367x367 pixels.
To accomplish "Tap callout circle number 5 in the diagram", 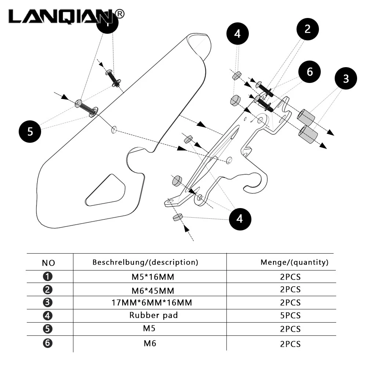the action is tap(30, 131).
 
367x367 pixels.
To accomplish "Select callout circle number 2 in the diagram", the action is tap(308, 29).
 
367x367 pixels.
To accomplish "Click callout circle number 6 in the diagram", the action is tap(309, 72).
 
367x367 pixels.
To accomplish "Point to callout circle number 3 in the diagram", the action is tap(346, 79).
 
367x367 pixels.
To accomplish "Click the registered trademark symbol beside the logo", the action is tap(120, 14).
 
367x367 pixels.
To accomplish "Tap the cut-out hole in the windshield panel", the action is tap(105, 190).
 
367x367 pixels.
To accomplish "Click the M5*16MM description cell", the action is tap(153, 277).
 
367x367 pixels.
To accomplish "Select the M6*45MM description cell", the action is tap(153, 291).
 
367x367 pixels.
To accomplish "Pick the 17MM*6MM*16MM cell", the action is tap(152, 303).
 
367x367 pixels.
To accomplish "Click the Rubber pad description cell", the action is tap(153, 315).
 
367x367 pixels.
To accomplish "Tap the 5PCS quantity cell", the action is tap(290, 316).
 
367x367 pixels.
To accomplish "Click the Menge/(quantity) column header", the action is tap(294, 262).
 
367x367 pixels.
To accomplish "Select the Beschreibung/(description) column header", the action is tap(145, 262).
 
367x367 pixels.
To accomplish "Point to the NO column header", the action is tap(48, 263).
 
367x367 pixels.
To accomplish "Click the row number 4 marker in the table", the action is tap(48, 316).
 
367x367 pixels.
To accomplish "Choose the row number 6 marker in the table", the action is tap(48, 343).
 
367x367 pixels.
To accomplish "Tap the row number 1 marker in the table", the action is tap(48, 276).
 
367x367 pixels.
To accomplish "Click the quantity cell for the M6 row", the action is tap(290, 344).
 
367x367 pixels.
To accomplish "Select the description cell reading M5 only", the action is tap(149, 328).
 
